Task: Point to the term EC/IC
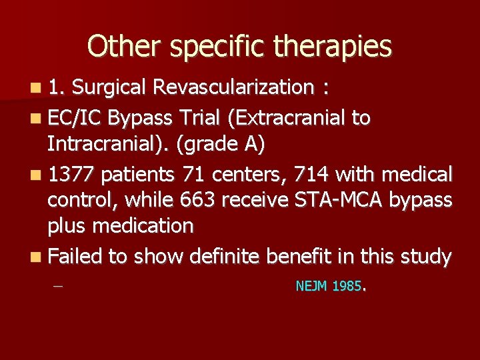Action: click(75, 118)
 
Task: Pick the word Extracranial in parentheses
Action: click(287, 118)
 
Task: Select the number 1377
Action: click(72, 175)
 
